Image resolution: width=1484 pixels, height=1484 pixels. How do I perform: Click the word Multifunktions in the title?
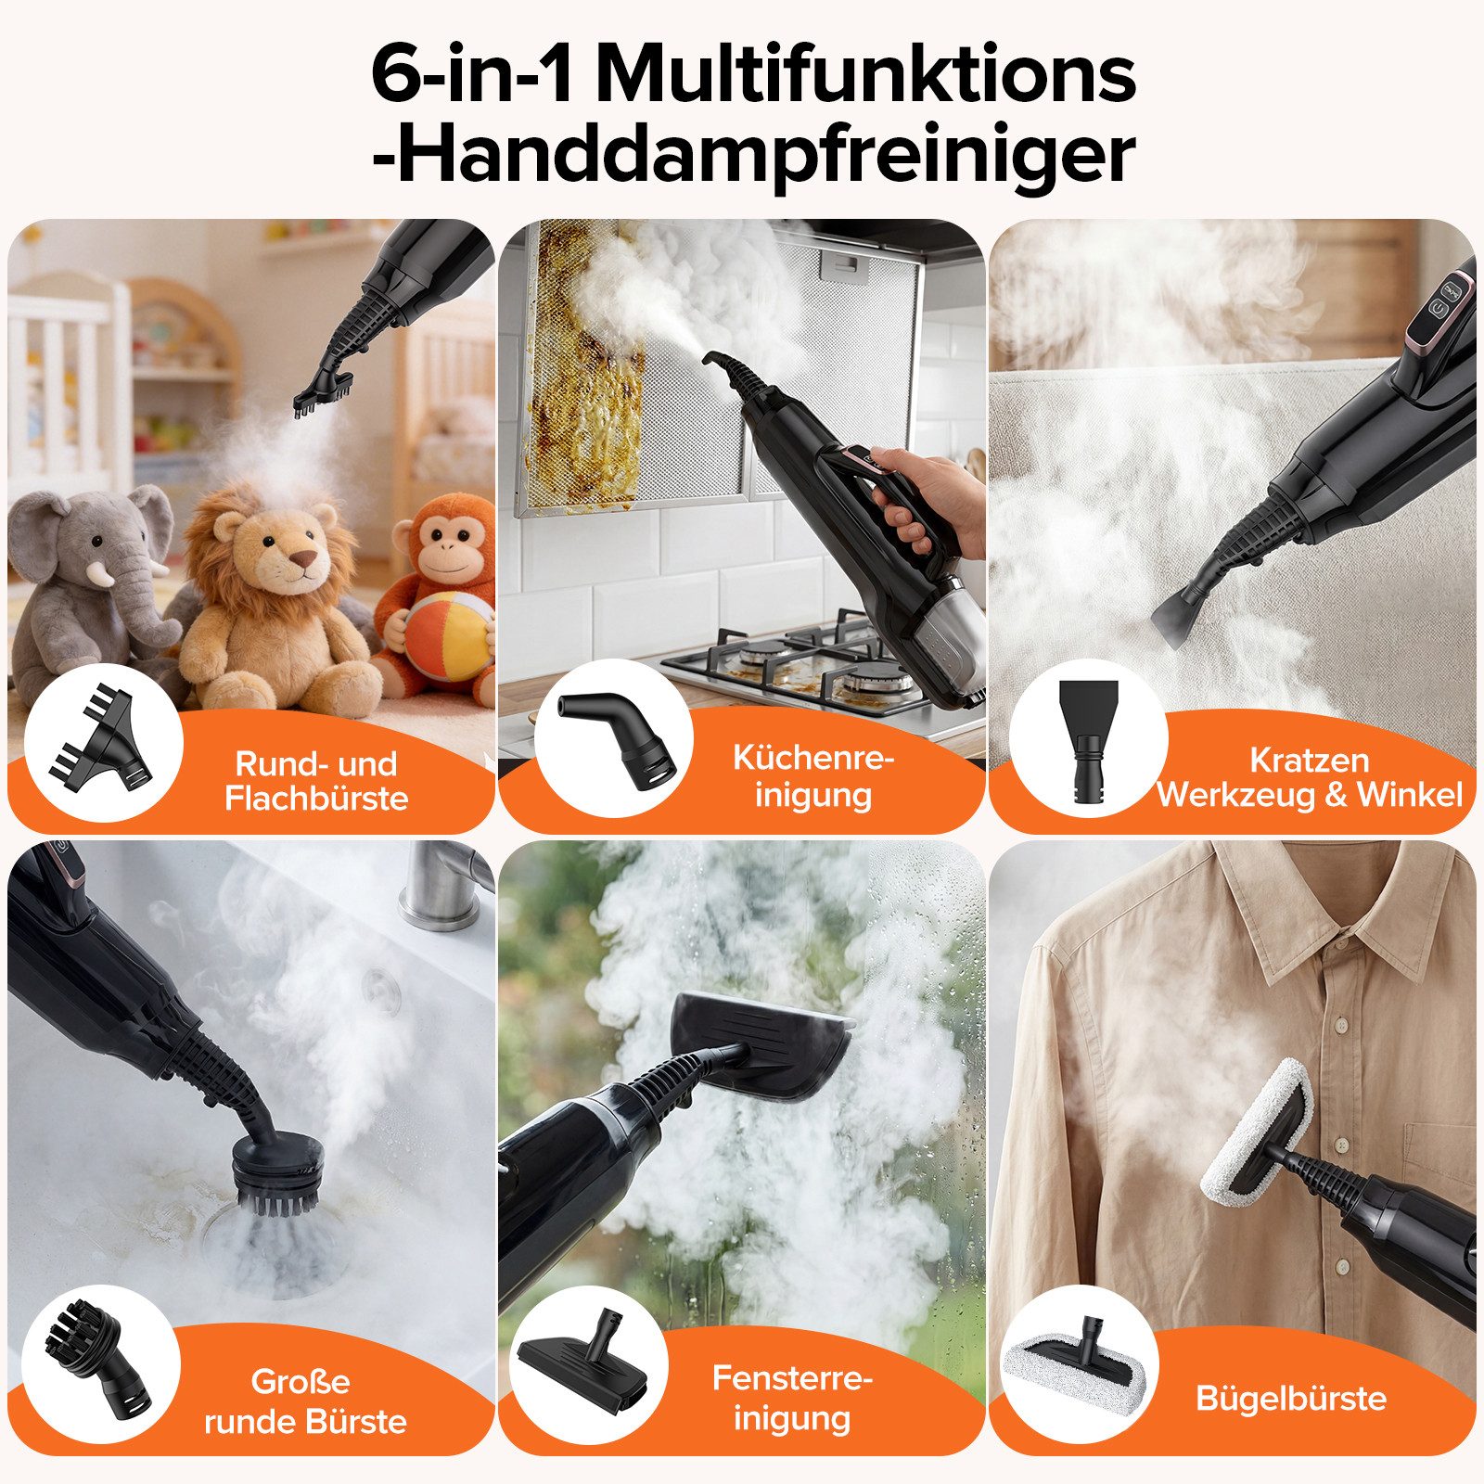[x=866, y=74]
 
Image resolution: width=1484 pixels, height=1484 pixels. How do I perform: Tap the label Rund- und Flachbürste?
[x=316, y=781]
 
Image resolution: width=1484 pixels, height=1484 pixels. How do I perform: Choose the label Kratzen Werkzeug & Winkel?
[x=1309, y=777]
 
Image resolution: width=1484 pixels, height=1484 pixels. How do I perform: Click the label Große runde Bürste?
[x=305, y=1401]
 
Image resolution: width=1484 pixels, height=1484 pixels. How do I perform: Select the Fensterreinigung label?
[x=792, y=1398]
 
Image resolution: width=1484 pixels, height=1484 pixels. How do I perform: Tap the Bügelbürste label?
[x=1290, y=1398]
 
